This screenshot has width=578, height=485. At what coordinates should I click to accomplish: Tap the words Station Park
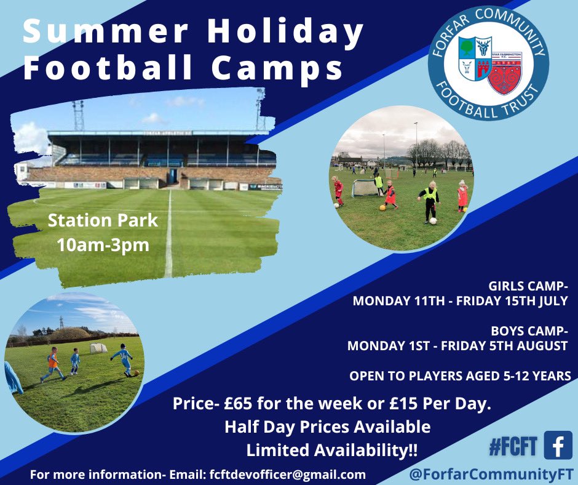(102, 220)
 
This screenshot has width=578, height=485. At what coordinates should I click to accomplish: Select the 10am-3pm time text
(102, 244)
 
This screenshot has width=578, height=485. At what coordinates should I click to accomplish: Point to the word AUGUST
(537, 345)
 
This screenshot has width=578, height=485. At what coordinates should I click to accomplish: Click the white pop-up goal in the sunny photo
(97, 349)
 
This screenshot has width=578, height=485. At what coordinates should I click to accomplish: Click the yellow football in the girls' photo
(382, 207)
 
